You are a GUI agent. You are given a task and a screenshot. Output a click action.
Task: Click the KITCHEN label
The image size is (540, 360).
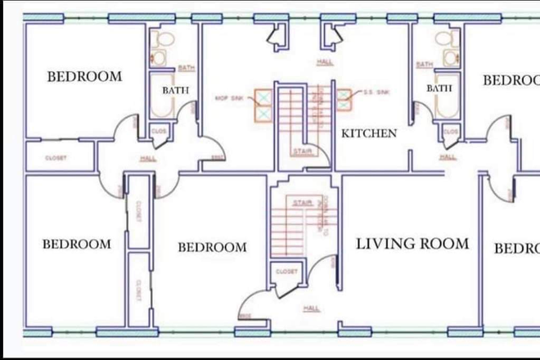tap(369, 133)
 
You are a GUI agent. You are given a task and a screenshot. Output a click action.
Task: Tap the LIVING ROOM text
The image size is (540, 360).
tap(412, 244)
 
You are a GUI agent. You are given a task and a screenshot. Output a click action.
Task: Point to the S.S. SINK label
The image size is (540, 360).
tap(376, 92)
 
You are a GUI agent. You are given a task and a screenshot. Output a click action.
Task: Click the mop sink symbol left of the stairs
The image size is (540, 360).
tap(264, 105)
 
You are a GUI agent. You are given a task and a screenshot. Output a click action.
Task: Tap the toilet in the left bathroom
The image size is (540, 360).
tap(161, 38)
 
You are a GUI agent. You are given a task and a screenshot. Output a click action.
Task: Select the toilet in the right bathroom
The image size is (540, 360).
tap(448, 38)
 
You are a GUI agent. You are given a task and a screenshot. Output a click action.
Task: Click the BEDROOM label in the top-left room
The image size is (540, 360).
tap(84, 77)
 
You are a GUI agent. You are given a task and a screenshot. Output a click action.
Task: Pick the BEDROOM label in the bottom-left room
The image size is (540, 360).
tap(77, 244)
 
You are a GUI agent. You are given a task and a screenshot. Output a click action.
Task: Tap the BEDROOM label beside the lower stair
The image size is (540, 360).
tap(212, 247)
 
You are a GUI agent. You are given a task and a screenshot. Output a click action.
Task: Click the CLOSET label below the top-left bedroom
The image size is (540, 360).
tap(56, 158)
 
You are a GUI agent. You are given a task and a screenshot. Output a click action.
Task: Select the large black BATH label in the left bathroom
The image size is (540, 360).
tap(176, 90)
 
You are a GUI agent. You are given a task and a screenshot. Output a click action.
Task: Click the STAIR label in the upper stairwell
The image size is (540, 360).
tap(300, 151)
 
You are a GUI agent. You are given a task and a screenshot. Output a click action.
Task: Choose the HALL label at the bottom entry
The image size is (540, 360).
tap(311, 308)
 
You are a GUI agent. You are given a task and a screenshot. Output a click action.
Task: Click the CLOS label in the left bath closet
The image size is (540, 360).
tap(158, 130)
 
